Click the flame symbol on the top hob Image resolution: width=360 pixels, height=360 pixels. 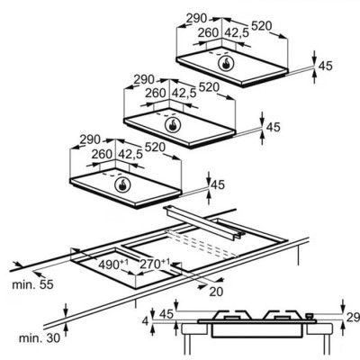[x=226, y=64]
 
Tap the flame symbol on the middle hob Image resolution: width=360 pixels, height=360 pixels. [x=173, y=125]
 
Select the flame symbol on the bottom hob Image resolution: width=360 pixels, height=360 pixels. [x=122, y=184]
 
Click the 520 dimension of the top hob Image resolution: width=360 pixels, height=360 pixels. [x=261, y=26]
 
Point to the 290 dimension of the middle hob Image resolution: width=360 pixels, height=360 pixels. [x=144, y=80]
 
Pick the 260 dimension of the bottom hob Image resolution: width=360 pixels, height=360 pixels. [x=102, y=154]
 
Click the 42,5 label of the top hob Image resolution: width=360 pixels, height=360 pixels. [x=237, y=32]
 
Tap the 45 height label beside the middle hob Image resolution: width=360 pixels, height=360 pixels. [x=273, y=127]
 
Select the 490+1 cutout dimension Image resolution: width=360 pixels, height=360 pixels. [x=113, y=265]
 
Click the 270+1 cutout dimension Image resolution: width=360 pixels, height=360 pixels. [x=155, y=264]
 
